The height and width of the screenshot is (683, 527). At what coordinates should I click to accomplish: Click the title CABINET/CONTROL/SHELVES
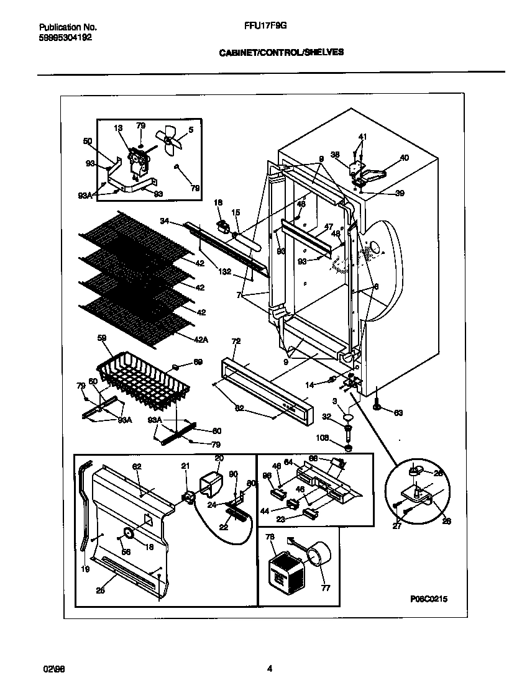(281, 53)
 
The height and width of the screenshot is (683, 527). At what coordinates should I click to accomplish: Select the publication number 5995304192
(65, 37)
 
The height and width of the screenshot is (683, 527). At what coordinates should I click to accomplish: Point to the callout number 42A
(201, 340)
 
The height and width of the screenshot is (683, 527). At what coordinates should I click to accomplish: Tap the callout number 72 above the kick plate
(236, 341)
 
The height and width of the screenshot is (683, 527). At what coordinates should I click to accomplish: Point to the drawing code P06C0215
(429, 599)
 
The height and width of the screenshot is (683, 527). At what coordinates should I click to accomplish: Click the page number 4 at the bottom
(269, 669)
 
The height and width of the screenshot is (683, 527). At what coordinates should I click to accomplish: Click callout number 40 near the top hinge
(404, 158)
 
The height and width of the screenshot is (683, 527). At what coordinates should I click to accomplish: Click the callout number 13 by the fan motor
(119, 128)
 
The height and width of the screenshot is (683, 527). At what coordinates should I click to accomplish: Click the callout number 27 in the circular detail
(397, 525)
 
